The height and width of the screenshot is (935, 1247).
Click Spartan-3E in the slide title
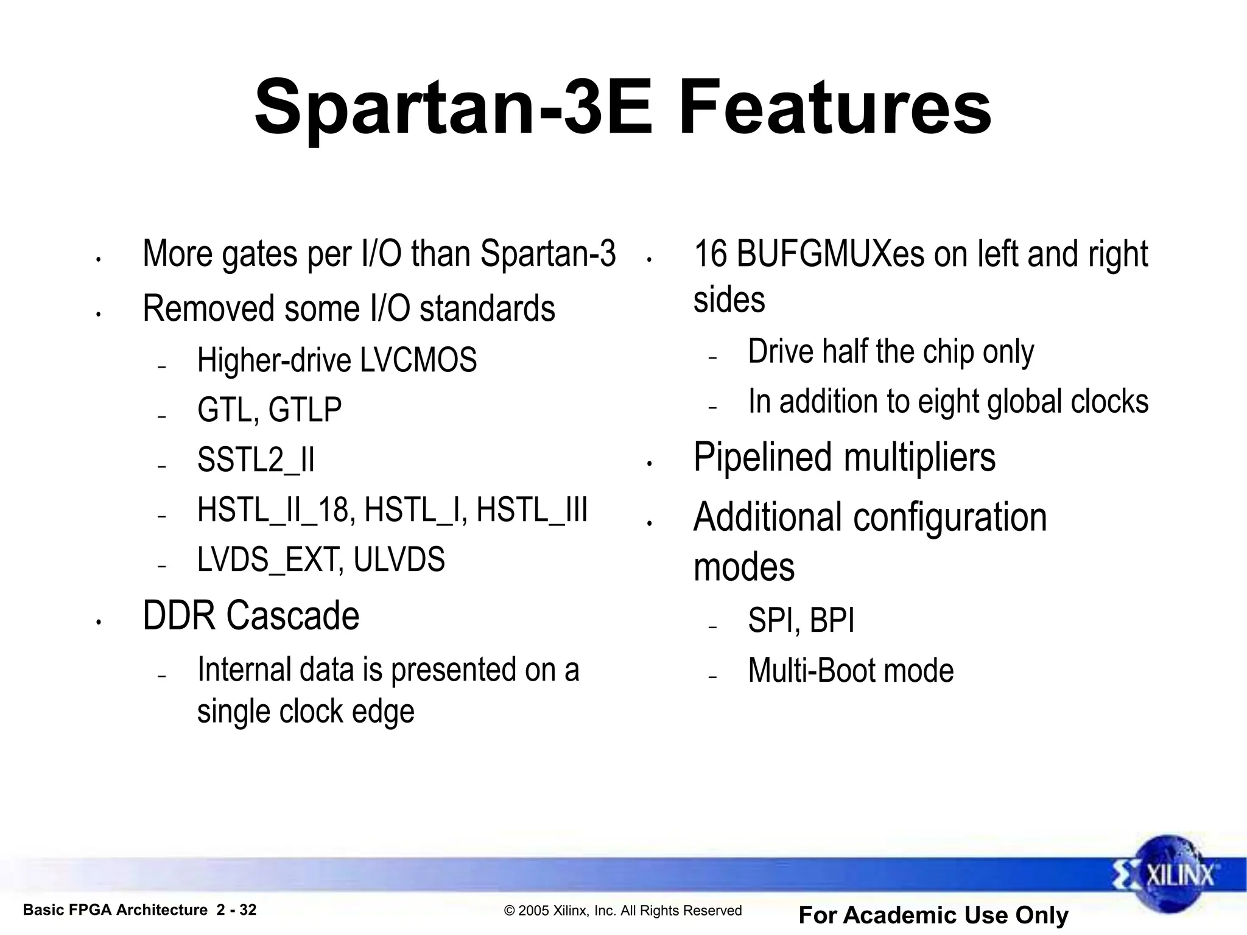coord(454,108)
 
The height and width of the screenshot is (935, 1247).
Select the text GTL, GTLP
coord(269,409)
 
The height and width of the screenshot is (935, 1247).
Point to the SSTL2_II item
coord(256,460)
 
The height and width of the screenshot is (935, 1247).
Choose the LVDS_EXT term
coord(268,559)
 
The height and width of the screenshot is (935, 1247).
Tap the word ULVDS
coord(399,559)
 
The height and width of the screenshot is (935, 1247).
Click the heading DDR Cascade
coord(251,615)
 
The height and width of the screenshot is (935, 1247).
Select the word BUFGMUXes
coord(831,254)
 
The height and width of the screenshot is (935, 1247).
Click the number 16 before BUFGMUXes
coord(711,254)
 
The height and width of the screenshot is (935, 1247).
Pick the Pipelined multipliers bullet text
coord(845,457)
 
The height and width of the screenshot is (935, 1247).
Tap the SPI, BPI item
coord(801,621)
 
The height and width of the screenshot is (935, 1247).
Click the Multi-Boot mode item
coord(851,671)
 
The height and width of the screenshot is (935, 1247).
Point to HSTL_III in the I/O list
coord(532,510)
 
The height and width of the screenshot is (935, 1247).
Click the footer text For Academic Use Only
coord(933,915)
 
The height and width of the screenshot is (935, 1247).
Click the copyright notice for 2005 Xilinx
coord(623,911)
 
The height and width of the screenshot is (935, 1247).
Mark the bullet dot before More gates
coord(98,260)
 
